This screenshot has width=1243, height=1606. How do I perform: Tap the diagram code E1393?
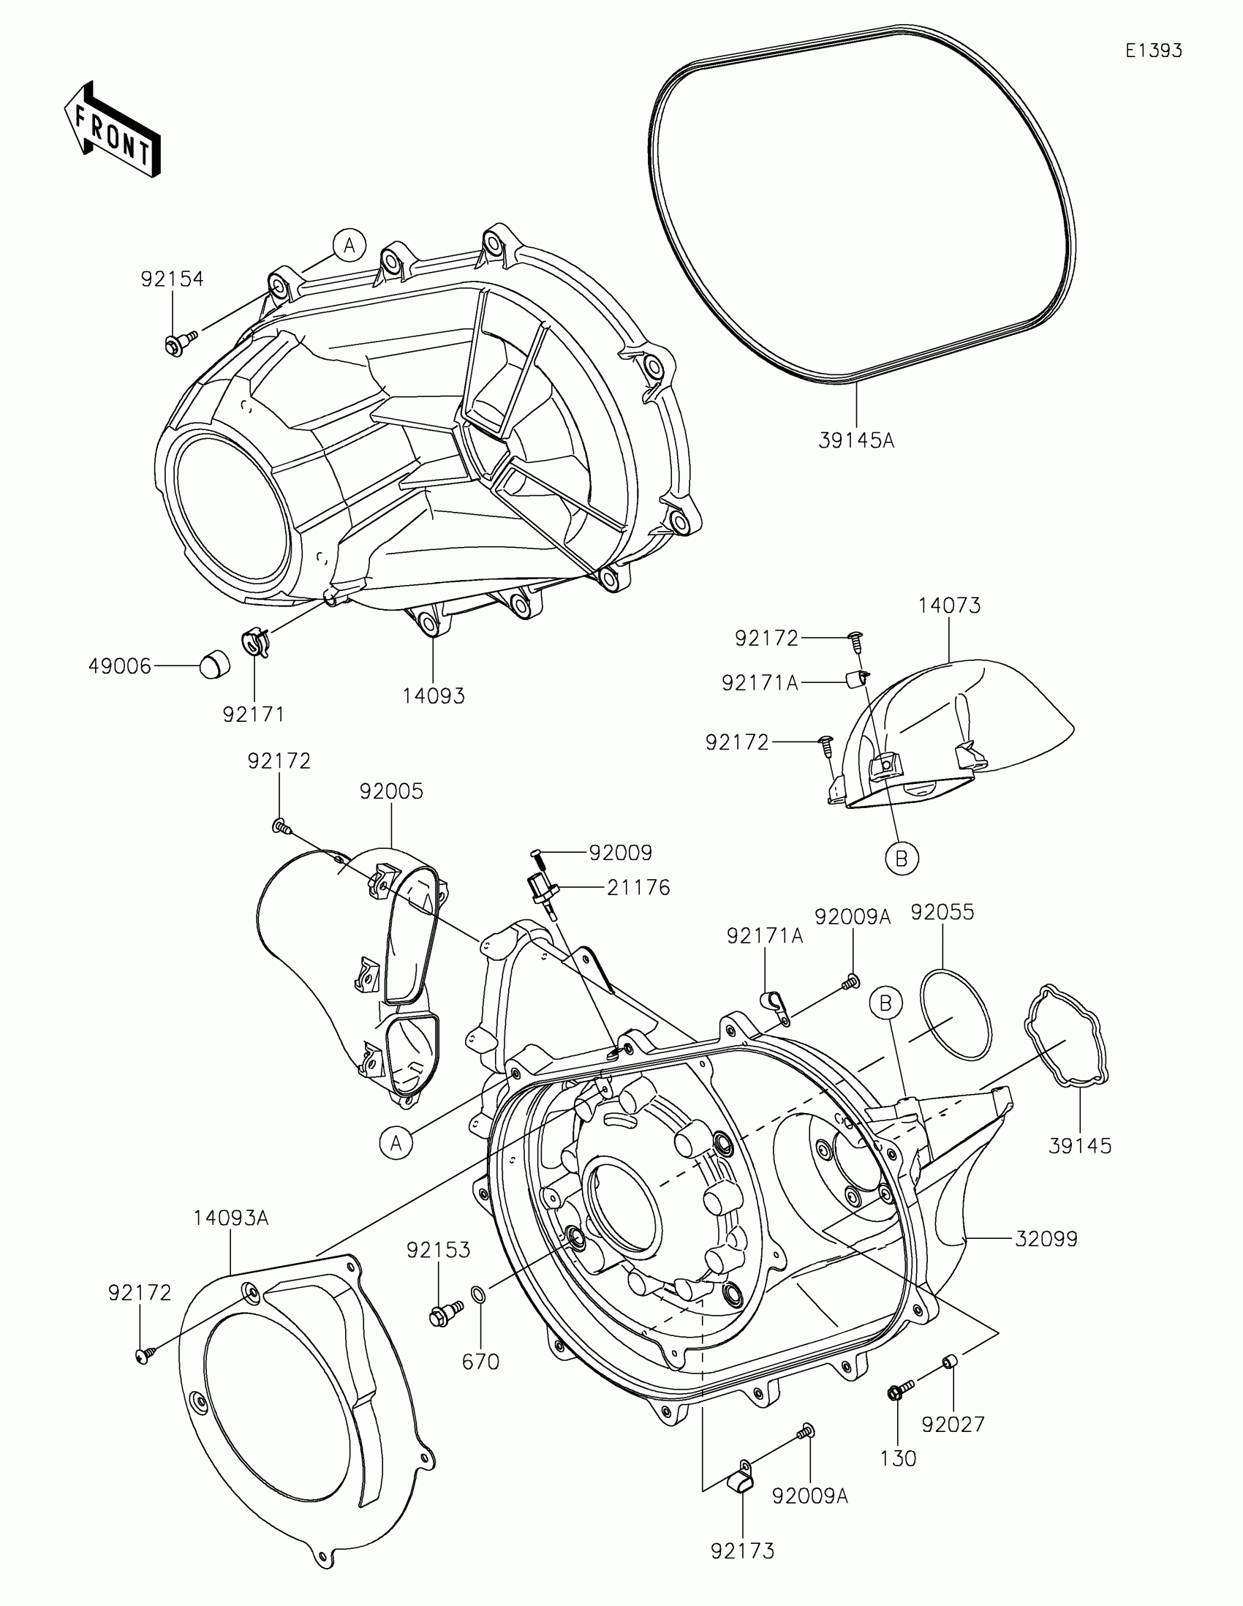tap(1153, 50)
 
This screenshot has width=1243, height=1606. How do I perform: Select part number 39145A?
tap(856, 441)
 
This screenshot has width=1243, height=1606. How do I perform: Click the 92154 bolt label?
tap(172, 279)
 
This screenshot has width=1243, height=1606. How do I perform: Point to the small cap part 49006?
tap(215, 666)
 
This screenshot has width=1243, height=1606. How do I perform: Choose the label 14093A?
tap(231, 1218)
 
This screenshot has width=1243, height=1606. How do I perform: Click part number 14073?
tap(949, 606)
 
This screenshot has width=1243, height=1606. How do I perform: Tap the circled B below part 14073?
tap(902, 858)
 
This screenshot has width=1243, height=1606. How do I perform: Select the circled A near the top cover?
tap(350, 245)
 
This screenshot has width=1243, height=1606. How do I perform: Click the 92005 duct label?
tap(391, 792)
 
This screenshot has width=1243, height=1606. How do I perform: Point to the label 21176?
tap(638, 888)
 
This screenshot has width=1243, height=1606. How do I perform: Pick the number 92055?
tap(942, 912)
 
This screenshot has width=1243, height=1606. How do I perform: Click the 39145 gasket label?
tap(1080, 1146)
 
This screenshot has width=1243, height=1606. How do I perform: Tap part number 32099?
tap(1046, 1239)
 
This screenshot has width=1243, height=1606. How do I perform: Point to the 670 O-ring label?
tap(480, 1362)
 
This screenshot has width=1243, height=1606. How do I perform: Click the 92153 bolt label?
tap(439, 1250)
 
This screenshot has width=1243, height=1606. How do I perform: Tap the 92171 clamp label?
tap(254, 714)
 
